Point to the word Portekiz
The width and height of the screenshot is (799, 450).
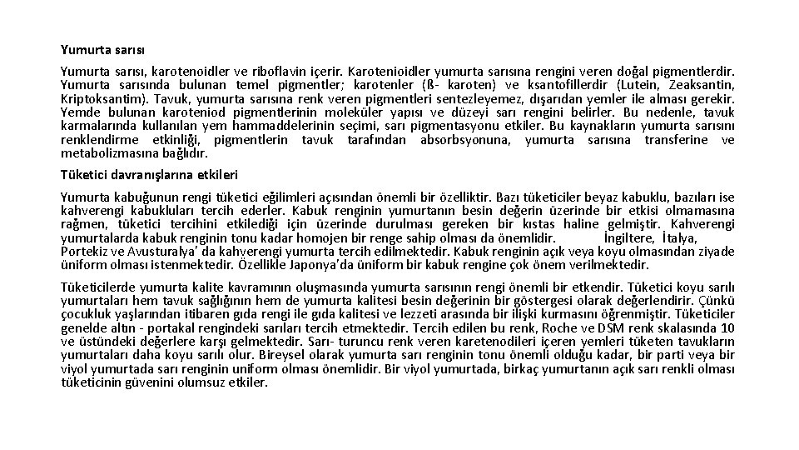point(84,252)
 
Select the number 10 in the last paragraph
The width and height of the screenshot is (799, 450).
point(727,327)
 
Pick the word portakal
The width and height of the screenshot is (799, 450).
point(151,327)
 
